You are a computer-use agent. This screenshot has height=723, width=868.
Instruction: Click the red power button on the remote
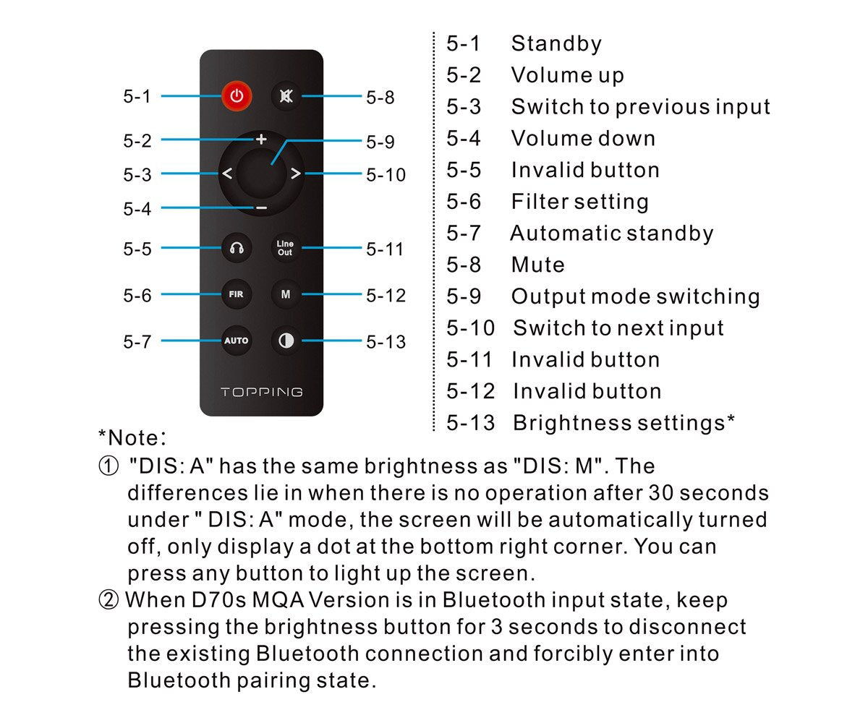tap(237, 95)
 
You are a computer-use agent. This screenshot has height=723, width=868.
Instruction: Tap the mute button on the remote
tap(286, 95)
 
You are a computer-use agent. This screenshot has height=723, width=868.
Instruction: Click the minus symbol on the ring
tap(261, 208)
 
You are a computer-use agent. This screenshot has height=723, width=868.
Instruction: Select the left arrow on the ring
tap(226, 174)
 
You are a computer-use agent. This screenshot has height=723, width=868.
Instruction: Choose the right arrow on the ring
tap(295, 174)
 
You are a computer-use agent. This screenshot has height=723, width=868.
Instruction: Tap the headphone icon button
tap(237, 249)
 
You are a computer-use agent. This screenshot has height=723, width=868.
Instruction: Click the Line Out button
tap(286, 249)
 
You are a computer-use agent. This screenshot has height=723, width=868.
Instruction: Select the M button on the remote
tap(286, 294)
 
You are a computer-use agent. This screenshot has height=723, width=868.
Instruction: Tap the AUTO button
tap(237, 341)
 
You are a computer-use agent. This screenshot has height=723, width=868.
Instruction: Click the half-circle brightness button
tap(286, 341)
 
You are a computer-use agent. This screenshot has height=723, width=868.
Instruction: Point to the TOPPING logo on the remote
tap(261, 393)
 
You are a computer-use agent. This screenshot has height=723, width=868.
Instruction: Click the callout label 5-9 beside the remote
tap(380, 142)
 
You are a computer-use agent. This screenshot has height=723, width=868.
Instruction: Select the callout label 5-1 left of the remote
tap(137, 96)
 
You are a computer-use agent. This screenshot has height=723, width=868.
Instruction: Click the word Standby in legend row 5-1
tap(556, 44)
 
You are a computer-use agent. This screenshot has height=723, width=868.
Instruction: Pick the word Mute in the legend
tap(537, 265)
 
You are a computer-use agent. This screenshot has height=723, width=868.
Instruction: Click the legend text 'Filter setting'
tap(579, 202)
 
